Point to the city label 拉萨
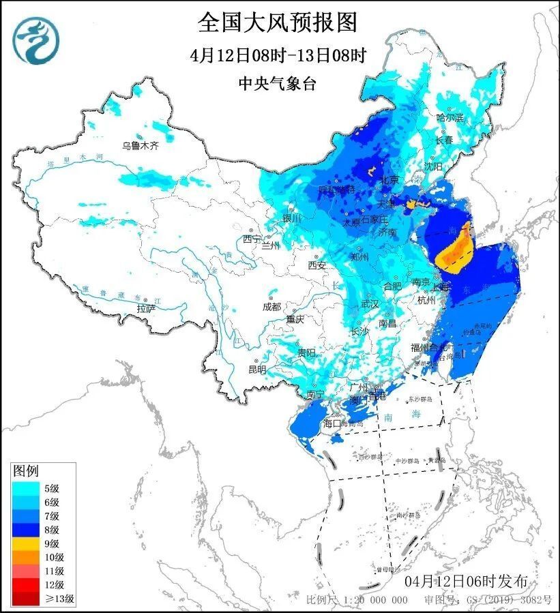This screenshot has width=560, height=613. [x=145, y=308]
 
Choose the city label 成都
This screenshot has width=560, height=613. [x=271, y=307]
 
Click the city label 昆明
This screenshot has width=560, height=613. [x=257, y=369]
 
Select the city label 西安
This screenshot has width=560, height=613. [x=316, y=265]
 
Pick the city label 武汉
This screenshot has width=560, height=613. [x=369, y=303]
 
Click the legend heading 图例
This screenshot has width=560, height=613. [x=27, y=470]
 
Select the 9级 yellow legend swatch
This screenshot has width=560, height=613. [x=26, y=543]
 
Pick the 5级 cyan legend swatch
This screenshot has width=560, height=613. [x=26, y=488]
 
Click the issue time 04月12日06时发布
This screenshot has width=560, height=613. [x=466, y=582]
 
